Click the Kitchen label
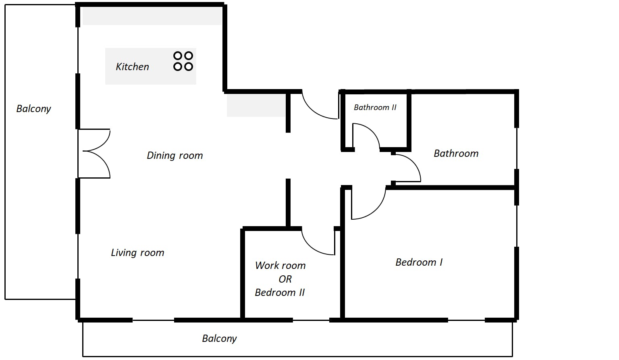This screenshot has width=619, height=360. (132, 67)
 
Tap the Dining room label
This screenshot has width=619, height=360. (174, 155)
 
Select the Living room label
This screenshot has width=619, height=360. (137, 252)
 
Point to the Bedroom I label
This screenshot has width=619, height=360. (419, 262)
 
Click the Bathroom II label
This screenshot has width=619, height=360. (375, 107)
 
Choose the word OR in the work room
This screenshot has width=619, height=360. (285, 279)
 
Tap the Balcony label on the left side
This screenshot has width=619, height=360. (33, 109)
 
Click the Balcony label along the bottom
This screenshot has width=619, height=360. (219, 339)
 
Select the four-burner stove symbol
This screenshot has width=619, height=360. (183, 61)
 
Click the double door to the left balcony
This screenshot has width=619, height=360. (94, 154)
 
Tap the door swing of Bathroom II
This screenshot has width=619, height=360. (366, 135)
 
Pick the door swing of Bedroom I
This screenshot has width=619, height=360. (368, 203)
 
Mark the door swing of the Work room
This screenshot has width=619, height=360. (318, 241)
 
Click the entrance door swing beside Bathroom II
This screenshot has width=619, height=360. (320, 105)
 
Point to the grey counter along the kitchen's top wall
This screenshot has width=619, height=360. (152, 16)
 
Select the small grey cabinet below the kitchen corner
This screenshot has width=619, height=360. (256, 105)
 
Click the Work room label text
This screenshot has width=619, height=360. (280, 265)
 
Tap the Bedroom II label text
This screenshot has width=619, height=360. (280, 293)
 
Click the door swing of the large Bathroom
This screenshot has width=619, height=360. (406, 168)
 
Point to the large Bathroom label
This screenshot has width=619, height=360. (456, 154)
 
